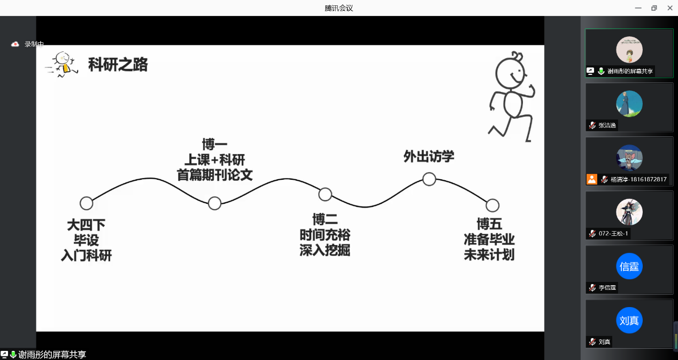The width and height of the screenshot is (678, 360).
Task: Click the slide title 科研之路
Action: (x=118, y=65)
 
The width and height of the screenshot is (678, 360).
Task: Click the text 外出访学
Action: (x=429, y=157)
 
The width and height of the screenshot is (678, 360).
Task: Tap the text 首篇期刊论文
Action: (x=214, y=175)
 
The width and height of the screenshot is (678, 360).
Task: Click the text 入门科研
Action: (x=86, y=255)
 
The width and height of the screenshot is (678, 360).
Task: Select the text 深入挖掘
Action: (x=325, y=250)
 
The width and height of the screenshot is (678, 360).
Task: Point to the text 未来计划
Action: (x=489, y=254)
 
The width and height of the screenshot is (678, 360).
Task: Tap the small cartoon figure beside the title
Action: (x=63, y=64)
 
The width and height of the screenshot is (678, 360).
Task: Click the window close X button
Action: (x=670, y=8)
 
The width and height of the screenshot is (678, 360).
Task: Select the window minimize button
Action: (x=638, y=8)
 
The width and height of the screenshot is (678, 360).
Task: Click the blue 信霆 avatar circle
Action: (x=629, y=266)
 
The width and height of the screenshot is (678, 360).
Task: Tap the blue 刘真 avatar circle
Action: (x=629, y=320)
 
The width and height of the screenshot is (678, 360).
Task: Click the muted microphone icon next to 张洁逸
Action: (x=592, y=125)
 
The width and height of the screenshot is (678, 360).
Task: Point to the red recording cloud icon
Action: (x=15, y=44)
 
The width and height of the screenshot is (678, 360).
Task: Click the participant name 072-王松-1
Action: (x=613, y=233)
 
